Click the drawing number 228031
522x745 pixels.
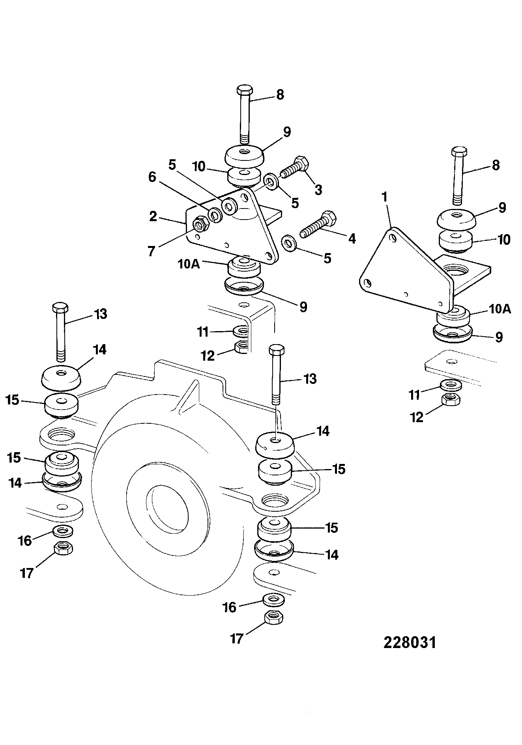[x=410, y=643]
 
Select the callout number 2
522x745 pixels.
[x=153, y=216]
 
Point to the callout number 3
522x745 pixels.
[x=318, y=190]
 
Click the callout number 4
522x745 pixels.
[x=352, y=238]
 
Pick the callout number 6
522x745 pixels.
[x=152, y=177]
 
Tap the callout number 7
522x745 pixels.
[x=152, y=251]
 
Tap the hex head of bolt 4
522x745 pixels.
[x=329, y=218]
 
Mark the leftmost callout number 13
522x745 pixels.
[x=101, y=314]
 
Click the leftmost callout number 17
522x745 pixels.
[x=27, y=573]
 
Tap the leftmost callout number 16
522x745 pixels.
[x=25, y=540]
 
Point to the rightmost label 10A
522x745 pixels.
[x=500, y=309]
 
